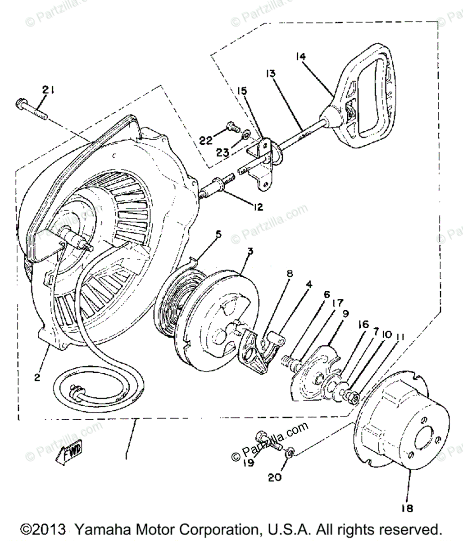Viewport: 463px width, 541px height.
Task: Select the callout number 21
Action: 48,90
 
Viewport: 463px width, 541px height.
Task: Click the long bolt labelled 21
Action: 31,109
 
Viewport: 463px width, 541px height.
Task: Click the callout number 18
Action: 407,508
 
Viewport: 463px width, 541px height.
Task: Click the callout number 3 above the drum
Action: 250,251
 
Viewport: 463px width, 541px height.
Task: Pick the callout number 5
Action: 218,234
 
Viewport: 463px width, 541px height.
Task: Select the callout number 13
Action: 270,73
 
